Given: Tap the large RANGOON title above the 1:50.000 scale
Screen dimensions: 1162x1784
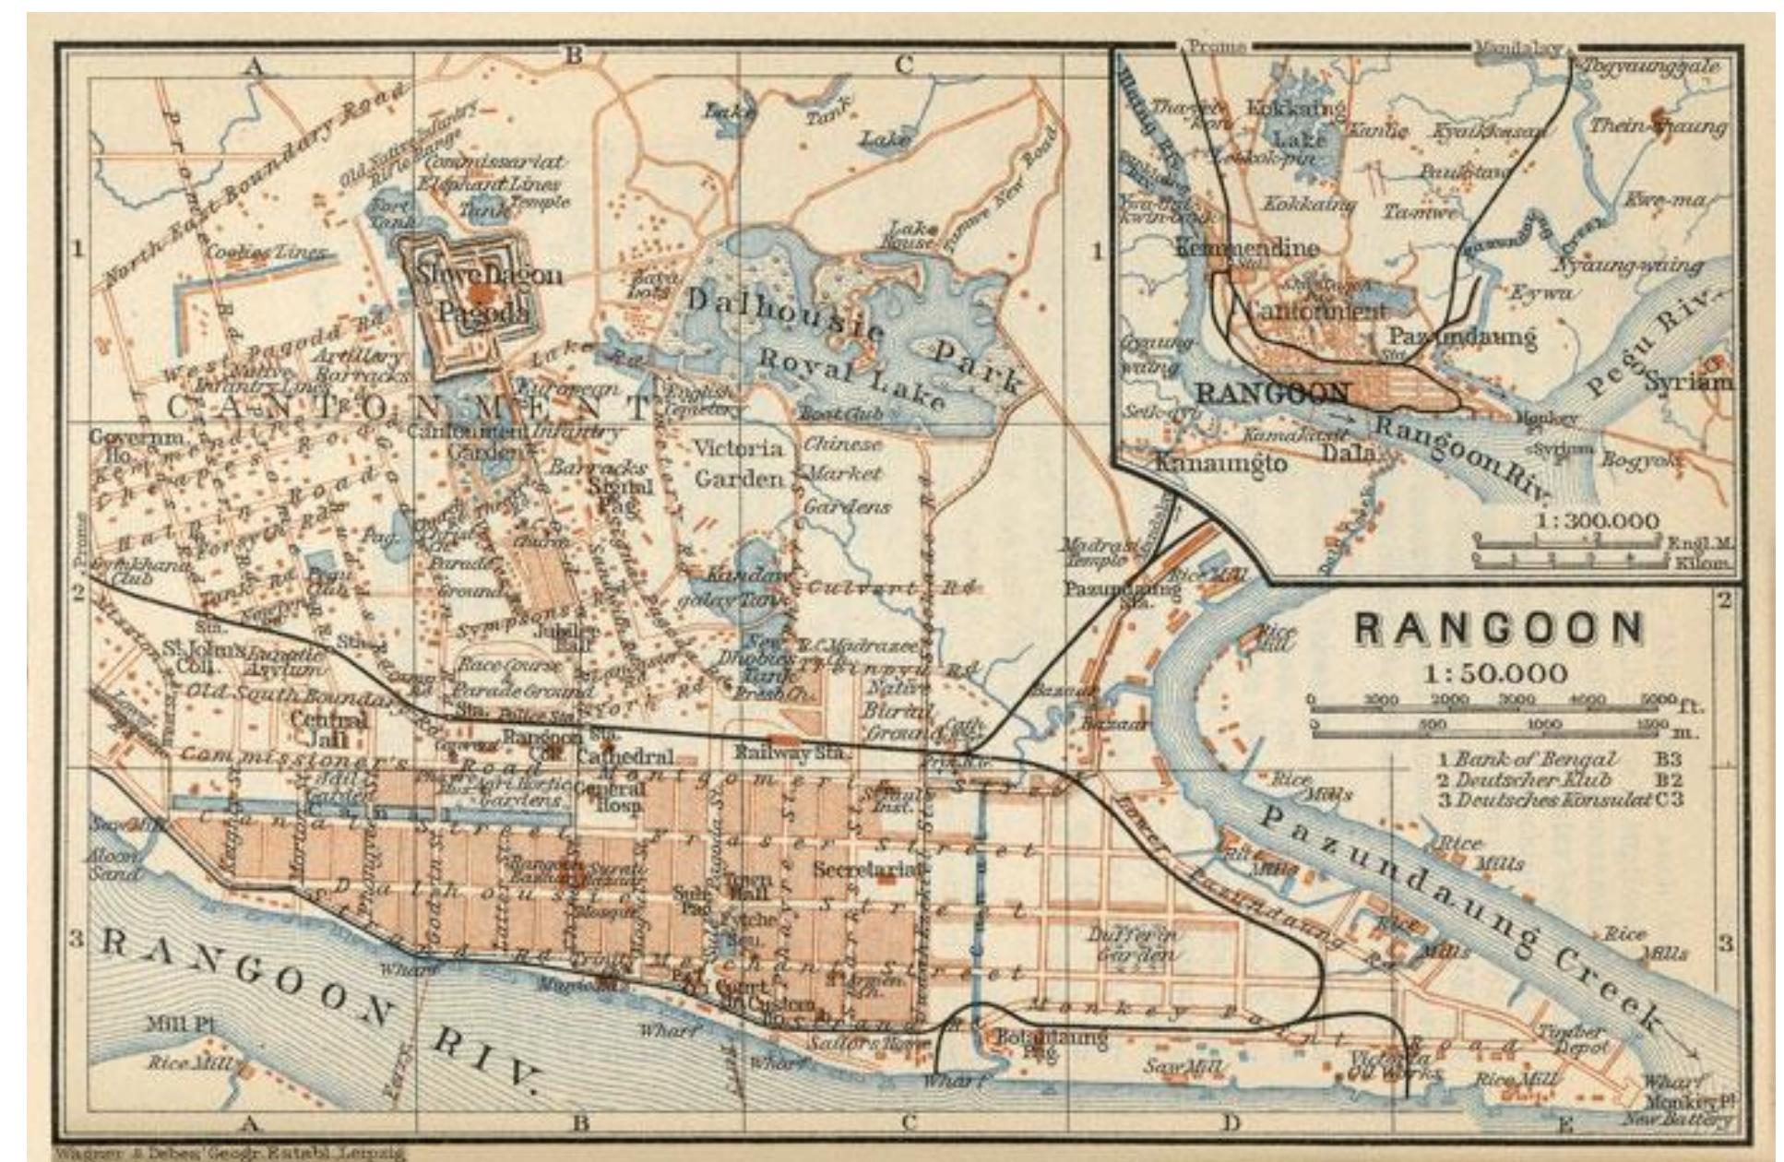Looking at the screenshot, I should click(1499, 630).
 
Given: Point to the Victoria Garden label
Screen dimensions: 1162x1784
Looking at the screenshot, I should click(739, 463).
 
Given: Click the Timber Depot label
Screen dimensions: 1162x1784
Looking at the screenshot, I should click(1576, 1039).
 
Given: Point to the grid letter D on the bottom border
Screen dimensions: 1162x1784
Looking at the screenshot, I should click(1231, 1122).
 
